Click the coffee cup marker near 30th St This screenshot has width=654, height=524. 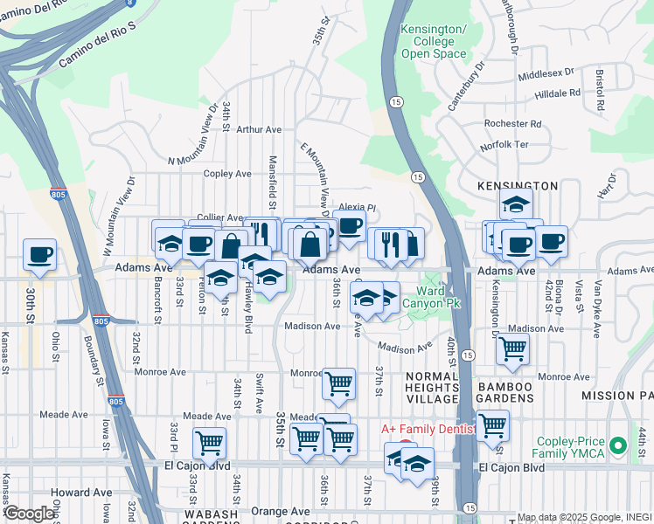tap(39, 255)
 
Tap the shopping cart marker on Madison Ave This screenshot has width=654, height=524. tap(512, 349)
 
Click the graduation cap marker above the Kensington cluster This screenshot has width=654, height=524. tap(517, 205)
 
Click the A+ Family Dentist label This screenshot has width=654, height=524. tap(428, 430)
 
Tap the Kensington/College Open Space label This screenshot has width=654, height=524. tap(428, 42)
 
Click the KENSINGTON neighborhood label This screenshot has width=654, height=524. tap(518, 186)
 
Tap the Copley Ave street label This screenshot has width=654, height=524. tap(227, 174)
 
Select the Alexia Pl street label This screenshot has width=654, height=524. tap(357, 209)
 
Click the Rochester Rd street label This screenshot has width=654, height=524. tap(513, 124)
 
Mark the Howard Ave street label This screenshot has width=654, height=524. tap(81, 493)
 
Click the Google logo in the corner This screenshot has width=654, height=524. tap(29, 514)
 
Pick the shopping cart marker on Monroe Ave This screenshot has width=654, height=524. tap(338, 383)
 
